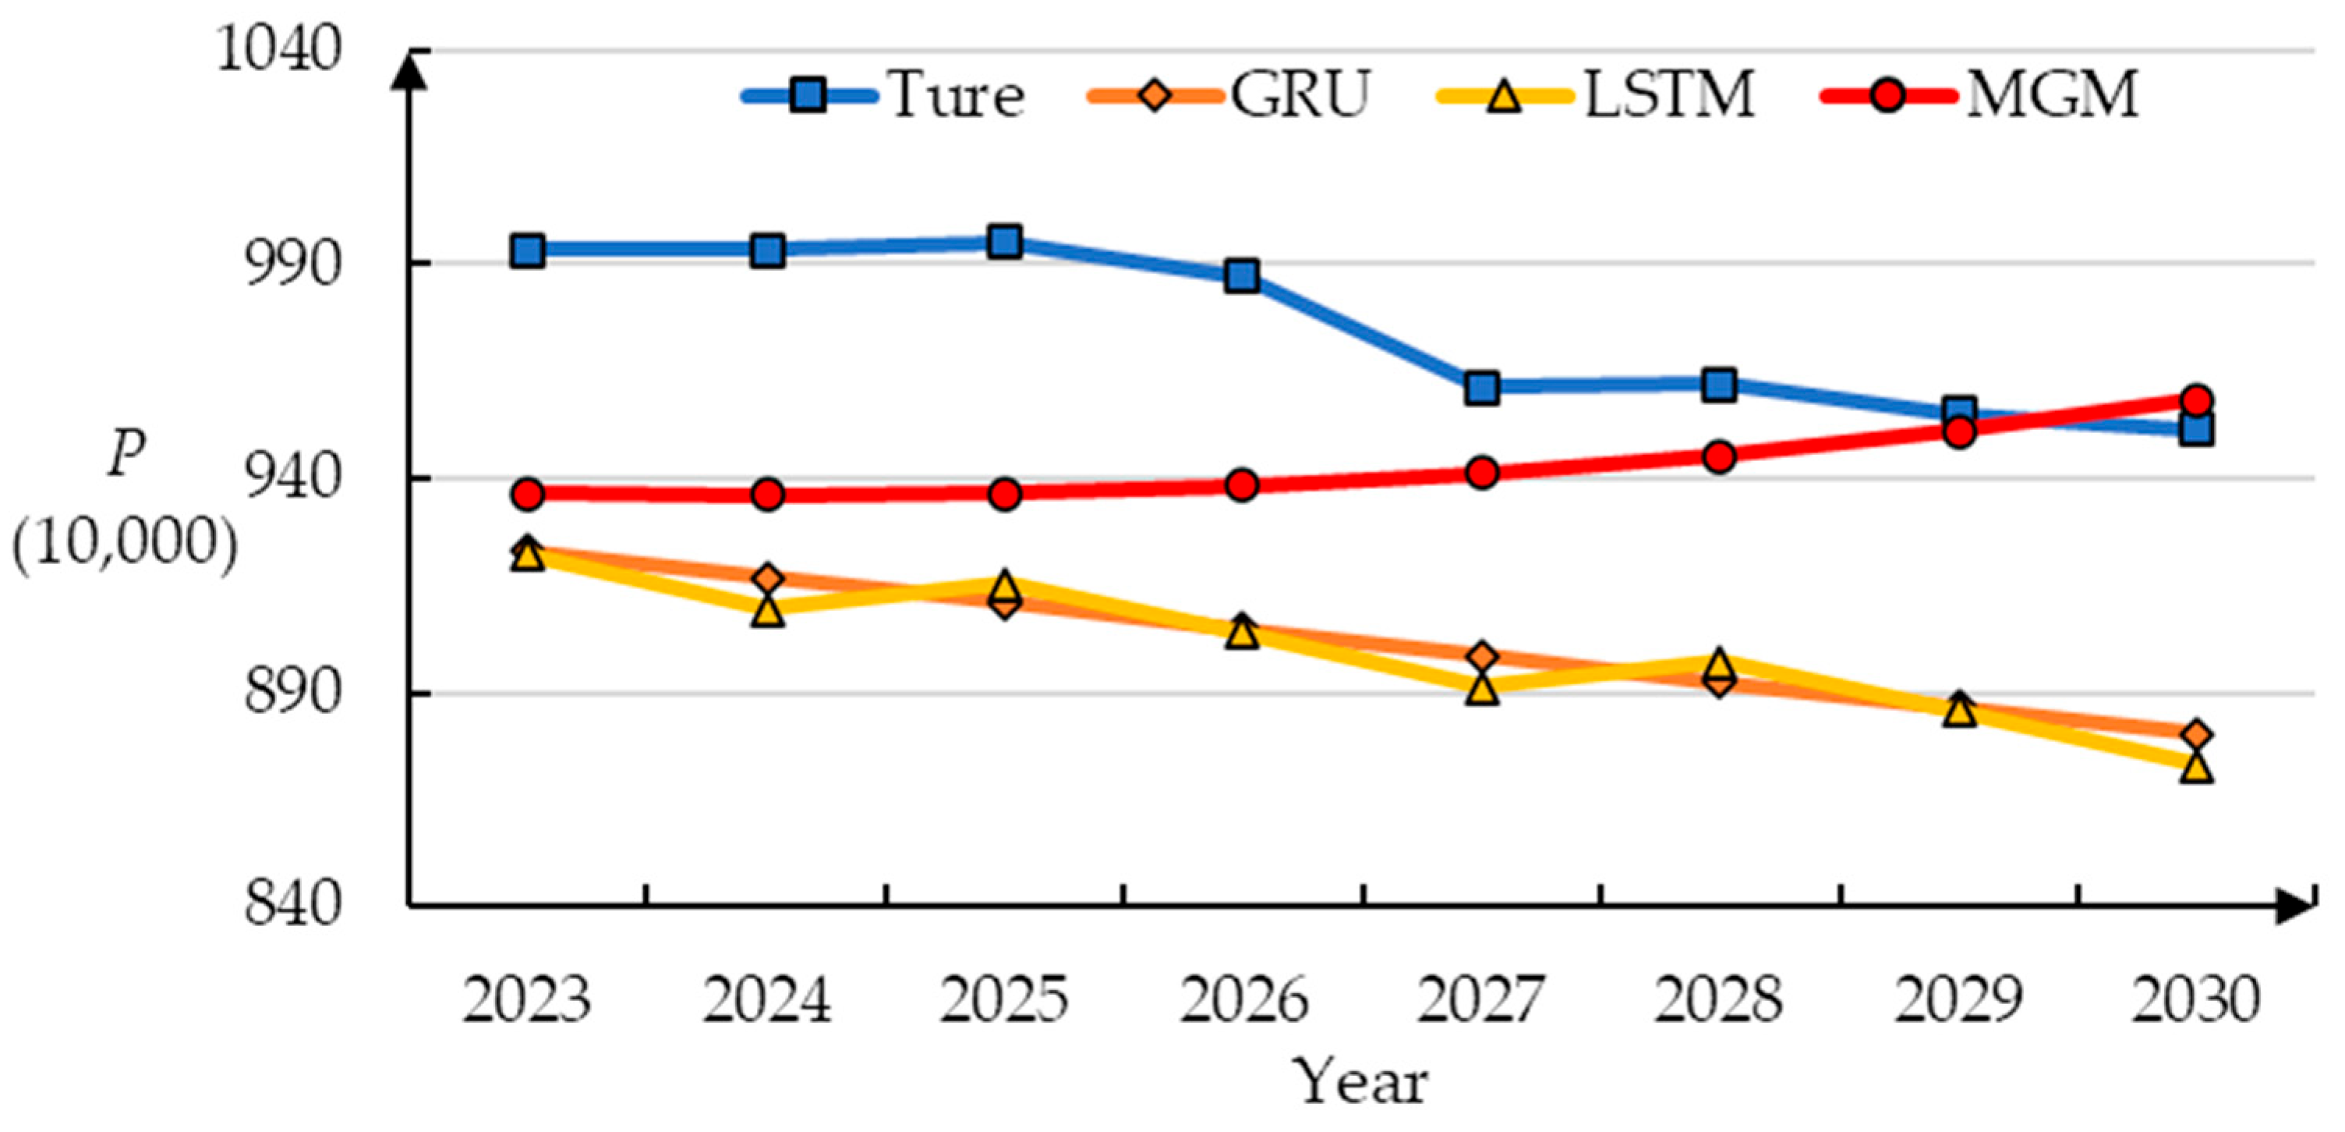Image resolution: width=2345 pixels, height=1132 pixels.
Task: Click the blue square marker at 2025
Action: (x=1004, y=243)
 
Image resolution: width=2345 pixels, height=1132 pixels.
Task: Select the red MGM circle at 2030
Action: (x=2195, y=399)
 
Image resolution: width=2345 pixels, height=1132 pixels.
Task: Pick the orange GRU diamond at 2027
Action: (x=1482, y=655)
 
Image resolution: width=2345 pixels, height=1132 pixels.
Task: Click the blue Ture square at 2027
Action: (x=1482, y=388)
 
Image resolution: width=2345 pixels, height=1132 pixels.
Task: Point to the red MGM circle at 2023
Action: (x=528, y=495)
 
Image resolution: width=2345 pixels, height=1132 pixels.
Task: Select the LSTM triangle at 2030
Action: (x=2195, y=768)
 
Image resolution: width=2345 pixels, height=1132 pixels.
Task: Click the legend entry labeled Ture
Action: (x=956, y=94)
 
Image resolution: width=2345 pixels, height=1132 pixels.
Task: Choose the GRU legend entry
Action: (x=1299, y=94)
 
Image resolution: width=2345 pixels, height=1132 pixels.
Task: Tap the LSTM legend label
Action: (x=1668, y=94)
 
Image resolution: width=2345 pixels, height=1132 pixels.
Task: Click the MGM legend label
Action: (x=2052, y=94)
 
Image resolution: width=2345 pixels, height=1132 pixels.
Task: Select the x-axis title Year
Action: (x=1361, y=1082)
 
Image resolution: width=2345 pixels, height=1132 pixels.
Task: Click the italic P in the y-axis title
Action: (x=126, y=452)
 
